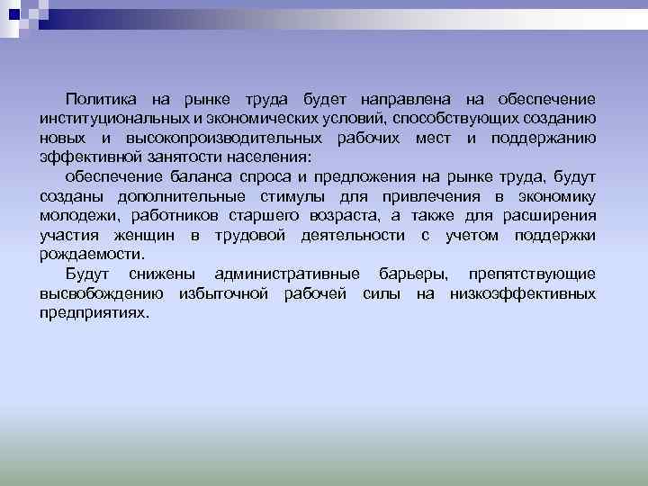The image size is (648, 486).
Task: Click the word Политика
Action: click(x=102, y=97)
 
